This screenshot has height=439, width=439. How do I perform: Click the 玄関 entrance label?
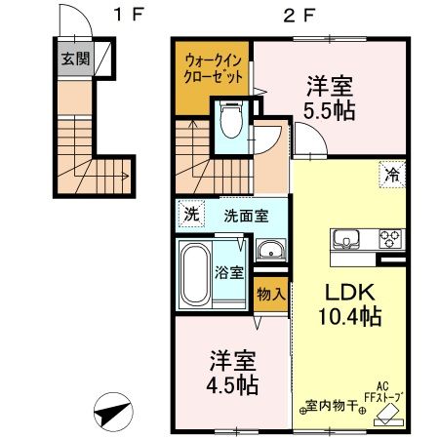[x=73, y=59]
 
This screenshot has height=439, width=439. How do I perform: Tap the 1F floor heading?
[x=124, y=15]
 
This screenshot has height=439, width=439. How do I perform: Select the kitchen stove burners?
[x=389, y=237]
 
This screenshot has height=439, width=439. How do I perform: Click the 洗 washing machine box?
[x=192, y=216]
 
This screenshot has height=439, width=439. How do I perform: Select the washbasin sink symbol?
[x=268, y=252]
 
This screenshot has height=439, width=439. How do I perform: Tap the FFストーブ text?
[x=384, y=396]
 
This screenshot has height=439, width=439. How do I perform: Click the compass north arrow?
[x=115, y=413]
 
